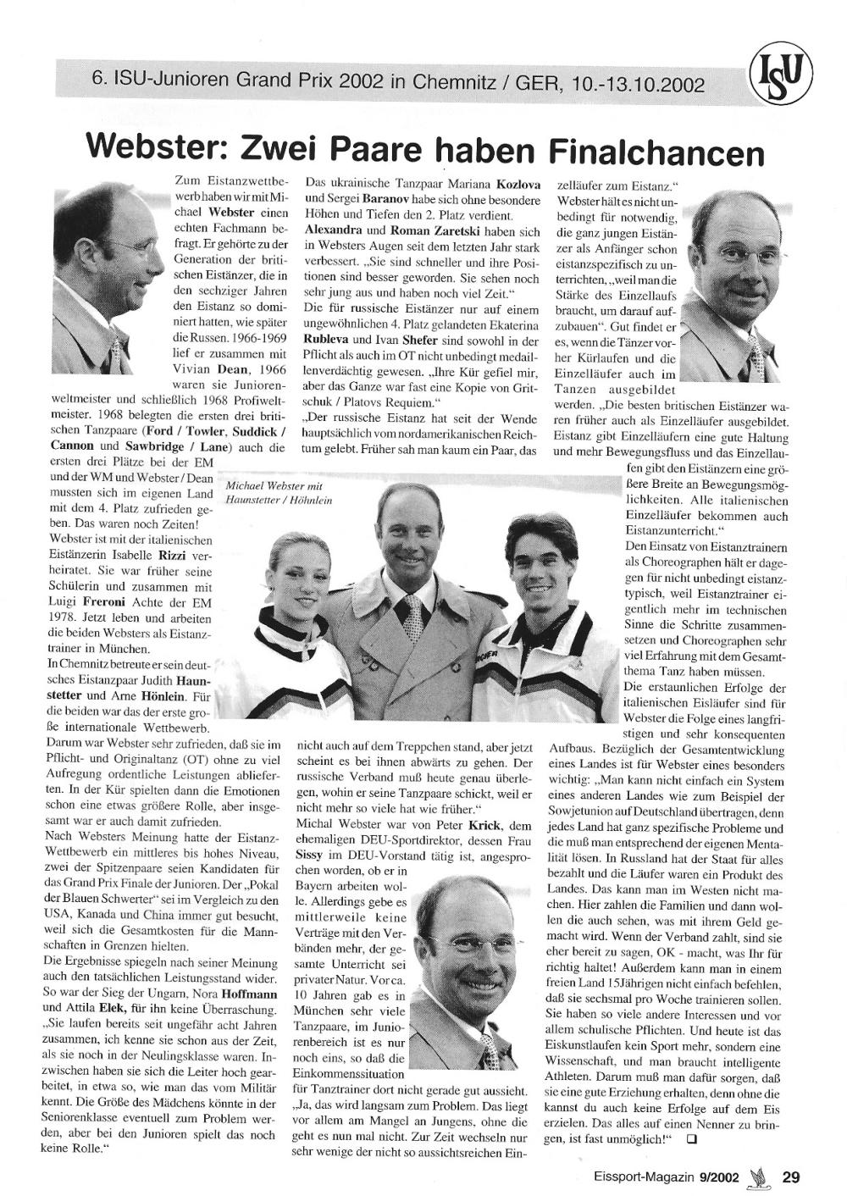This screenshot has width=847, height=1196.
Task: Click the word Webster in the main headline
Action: pyautogui.click(x=157, y=149)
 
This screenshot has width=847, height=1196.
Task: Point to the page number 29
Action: pyautogui.click(x=791, y=1176)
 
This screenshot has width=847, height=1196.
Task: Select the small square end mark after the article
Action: pyautogui.click(x=692, y=1140)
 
